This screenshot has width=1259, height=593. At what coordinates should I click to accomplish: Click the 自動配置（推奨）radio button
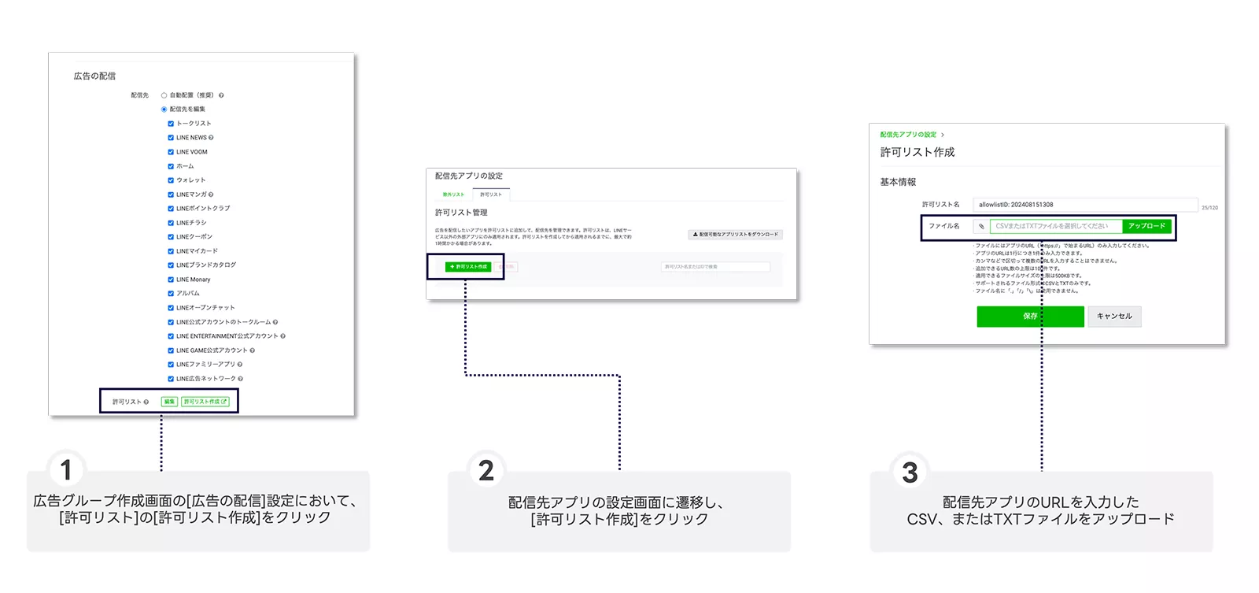click(x=164, y=95)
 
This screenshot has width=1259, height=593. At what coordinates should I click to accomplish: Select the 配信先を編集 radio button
click(x=164, y=109)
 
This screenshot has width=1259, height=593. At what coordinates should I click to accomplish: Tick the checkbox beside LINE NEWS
click(x=171, y=138)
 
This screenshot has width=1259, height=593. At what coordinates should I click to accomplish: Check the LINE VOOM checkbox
click(x=171, y=152)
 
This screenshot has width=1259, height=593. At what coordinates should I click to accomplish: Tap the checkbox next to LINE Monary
click(x=171, y=280)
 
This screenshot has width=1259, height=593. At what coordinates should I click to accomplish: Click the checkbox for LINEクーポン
click(x=171, y=237)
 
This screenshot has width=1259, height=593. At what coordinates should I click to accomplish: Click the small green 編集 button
click(x=169, y=402)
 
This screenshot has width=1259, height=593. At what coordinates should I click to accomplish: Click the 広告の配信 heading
click(x=94, y=76)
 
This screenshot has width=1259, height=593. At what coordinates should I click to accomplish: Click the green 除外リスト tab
click(x=453, y=195)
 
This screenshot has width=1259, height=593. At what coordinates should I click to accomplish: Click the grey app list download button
click(x=735, y=235)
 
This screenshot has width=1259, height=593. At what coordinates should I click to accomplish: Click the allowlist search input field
click(x=714, y=267)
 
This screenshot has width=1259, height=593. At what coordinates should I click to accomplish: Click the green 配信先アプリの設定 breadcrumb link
click(x=908, y=135)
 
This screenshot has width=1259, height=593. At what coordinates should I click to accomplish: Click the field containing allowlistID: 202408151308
click(x=1084, y=205)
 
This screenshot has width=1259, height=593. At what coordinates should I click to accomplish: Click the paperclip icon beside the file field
click(x=981, y=227)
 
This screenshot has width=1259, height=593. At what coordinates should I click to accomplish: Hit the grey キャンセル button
click(x=1114, y=317)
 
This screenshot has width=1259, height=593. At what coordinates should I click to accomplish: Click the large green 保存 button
click(x=1030, y=317)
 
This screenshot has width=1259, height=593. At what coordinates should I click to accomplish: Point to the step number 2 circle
click(x=486, y=471)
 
